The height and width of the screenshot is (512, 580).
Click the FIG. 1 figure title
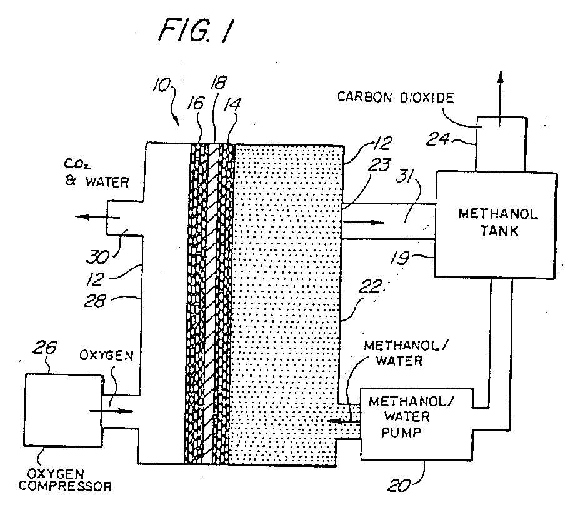[196, 30]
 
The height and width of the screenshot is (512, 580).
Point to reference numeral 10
[162, 85]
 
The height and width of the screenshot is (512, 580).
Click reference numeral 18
[218, 83]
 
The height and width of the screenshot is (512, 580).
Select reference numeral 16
[196, 103]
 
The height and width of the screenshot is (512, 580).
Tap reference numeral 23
[379, 165]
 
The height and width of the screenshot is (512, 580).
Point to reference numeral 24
[438, 139]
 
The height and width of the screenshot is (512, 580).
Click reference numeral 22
[371, 286]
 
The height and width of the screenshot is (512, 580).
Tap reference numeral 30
[97, 257]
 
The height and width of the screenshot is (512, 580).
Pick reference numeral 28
[95, 301]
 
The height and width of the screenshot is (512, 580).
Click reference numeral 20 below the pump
[399, 485]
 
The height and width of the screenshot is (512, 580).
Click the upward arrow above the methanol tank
[501, 98]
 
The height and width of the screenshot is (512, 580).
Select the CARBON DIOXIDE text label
[396, 98]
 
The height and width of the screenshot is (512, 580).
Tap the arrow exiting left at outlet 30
[97, 217]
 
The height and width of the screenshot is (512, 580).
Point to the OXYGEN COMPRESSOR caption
[65, 480]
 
